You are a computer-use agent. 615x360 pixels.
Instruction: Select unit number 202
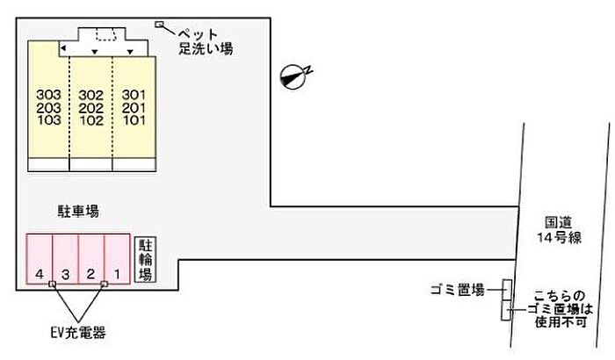click(91, 108)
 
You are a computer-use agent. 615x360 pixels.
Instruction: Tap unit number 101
click(133, 121)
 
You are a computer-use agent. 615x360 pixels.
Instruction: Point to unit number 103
click(49, 121)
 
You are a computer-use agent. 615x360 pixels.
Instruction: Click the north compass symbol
click(293, 77)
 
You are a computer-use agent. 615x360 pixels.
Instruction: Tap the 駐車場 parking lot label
click(79, 212)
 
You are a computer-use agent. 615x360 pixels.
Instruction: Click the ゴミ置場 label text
click(458, 290)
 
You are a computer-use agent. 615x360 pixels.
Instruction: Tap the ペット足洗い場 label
click(207, 40)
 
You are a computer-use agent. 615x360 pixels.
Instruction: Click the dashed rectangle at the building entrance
click(106, 34)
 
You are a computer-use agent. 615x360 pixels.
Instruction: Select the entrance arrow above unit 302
click(94, 52)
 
